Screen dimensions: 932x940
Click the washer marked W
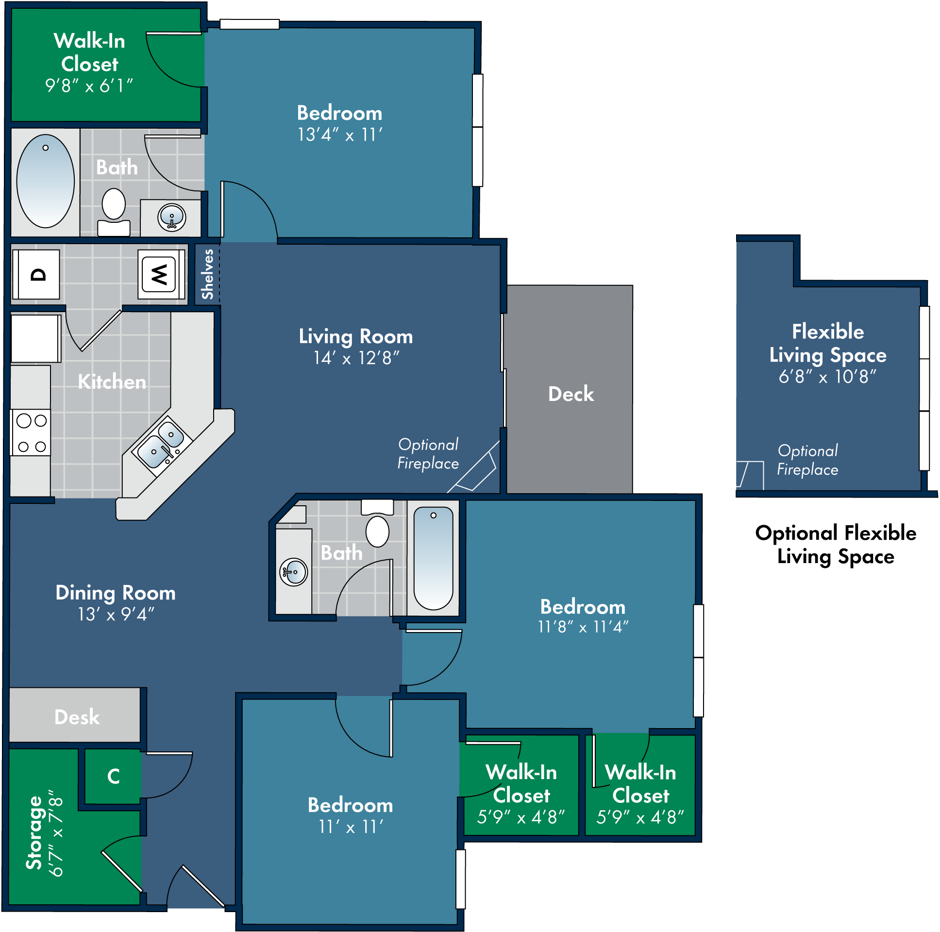point(159,274)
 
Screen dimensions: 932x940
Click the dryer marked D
point(37,274)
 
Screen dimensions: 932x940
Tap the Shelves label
point(208,274)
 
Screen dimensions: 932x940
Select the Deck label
point(571,394)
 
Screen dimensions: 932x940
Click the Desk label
point(77,717)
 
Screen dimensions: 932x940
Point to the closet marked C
point(113,776)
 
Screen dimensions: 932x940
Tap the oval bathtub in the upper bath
point(45,182)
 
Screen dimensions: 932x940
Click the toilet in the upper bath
point(113,210)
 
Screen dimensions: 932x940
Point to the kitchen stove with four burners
point(31,433)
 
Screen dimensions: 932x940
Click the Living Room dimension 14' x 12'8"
point(356,359)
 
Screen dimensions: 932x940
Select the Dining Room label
point(115,593)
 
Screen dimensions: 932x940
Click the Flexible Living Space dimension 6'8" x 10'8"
point(827,377)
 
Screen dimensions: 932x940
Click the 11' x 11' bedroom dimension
point(351,827)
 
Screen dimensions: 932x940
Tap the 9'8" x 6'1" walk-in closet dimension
point(89,86)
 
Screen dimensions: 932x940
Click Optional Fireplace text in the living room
point(428,454)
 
